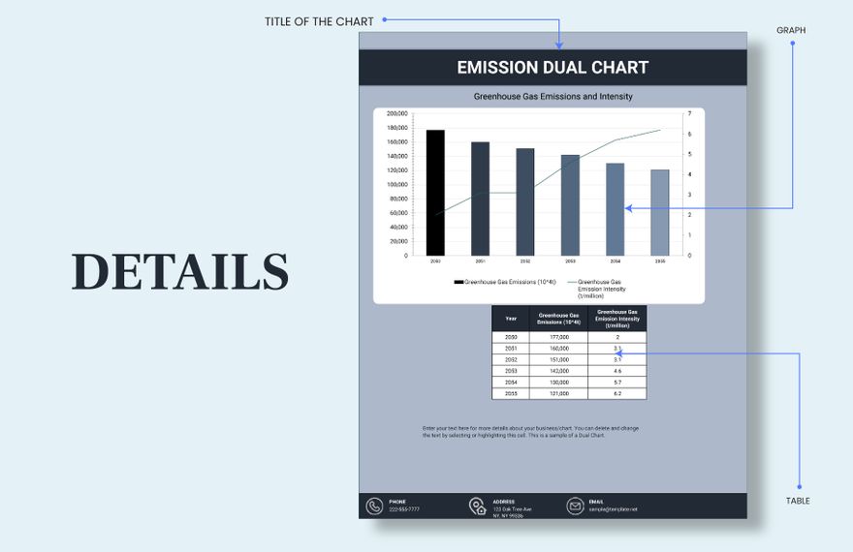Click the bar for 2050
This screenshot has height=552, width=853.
click(435, 193)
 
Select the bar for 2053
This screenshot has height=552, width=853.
click(570, 205)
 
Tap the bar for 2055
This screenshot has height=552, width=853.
click(660, 213)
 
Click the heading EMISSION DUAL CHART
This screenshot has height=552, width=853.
click(553, 68)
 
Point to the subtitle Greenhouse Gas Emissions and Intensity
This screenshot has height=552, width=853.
click(553, 97)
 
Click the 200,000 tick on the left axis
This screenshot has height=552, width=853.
click(396, 113)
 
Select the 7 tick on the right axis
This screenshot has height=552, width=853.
click(689, 113)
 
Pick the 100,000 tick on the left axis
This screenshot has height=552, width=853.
click(396, 185)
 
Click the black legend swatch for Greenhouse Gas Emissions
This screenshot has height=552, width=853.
click(458, 282)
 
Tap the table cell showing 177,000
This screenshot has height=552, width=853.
click(558, 337)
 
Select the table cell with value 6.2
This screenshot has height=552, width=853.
click(616, 394)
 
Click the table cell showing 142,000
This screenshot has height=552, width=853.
click(558, 371)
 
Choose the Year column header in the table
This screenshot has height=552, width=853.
click(511, 318)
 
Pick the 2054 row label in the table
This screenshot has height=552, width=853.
click(511, 383)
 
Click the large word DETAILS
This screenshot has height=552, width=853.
click(180, 272)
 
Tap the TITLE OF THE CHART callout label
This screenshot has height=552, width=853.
click(319, 21)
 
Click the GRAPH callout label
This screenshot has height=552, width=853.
click(791, 31)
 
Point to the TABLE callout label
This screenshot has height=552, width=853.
click(798, 501)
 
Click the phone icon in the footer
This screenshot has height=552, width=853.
click(374, 506)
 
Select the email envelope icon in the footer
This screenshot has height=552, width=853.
click(575, 506)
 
